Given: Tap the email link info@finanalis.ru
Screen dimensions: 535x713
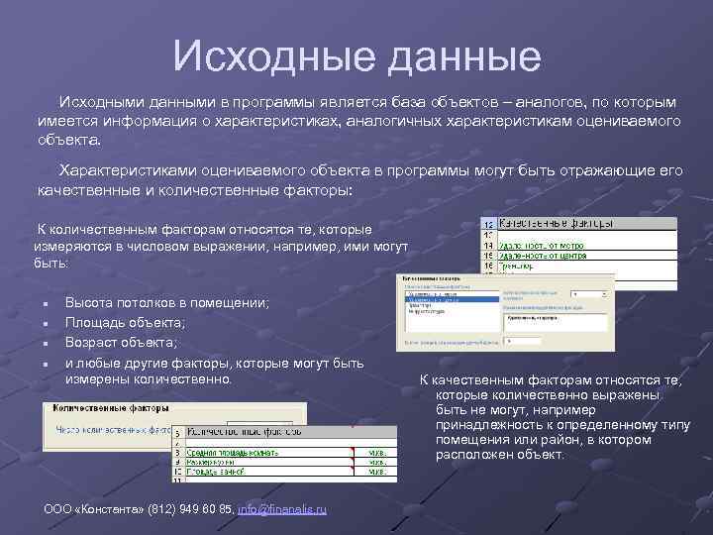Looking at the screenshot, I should tap(282, 508).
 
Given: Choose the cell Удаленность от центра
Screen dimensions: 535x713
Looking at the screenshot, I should tap(543, 255).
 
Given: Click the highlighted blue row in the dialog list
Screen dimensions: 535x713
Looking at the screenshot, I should tap(451, 298).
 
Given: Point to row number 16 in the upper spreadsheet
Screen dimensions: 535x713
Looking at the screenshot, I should tap(488, 265).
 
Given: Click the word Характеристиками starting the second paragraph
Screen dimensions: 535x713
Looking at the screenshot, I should tap(122, 170).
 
